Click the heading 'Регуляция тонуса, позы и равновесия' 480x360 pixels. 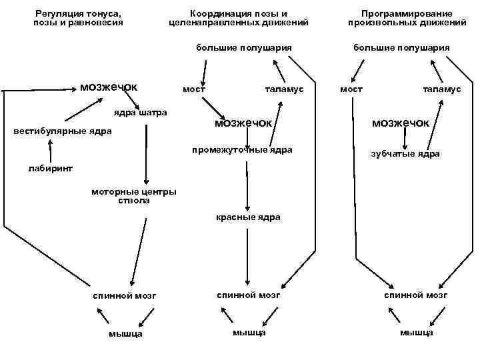pos(78,18)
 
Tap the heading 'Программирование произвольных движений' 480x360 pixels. pos(407,18)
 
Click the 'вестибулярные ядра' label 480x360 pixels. pos(63,131)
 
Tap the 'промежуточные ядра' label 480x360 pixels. pos(242,149)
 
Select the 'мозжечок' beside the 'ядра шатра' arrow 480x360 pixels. pos(108,87)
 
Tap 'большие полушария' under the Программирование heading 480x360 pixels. pos(401,47)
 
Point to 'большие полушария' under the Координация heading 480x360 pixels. pos(244,47)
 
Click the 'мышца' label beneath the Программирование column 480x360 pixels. pos(417,332)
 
